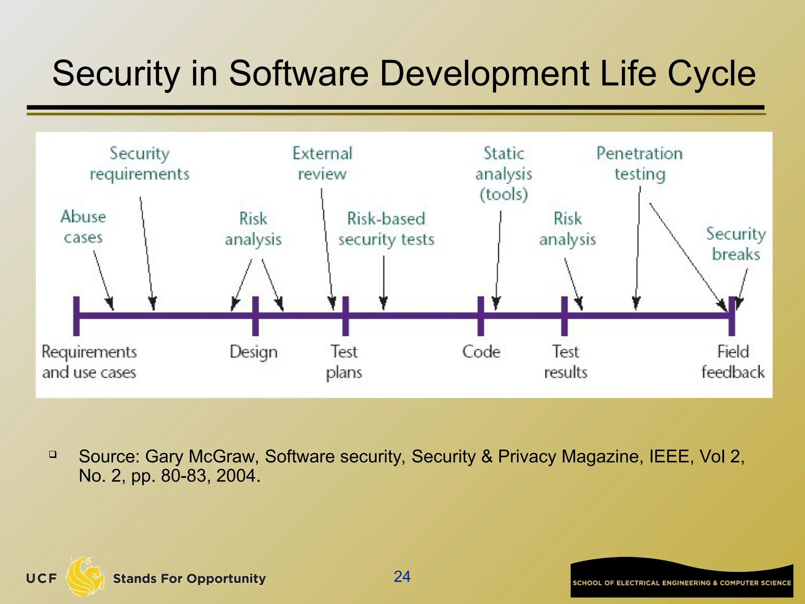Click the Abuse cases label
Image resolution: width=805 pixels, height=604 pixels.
click(83, 227)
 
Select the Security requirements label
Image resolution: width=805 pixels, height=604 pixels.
click(140, 164)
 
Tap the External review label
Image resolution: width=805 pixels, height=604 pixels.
click(322, 164)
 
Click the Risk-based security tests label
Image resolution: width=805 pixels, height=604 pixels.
click(386, 229)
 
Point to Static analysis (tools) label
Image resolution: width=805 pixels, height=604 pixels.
click(504, 173)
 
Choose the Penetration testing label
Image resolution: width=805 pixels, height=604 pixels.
click(640, 164)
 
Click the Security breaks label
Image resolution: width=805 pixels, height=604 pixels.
click(736, 244)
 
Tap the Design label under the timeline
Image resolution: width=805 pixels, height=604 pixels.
click(254, 352)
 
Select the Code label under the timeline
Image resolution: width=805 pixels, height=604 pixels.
click(481, 352)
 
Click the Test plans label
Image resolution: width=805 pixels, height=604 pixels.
click(344, 362)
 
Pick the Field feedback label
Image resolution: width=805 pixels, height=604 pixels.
click(733, 362)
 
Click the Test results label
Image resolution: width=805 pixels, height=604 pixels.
click(566, 362)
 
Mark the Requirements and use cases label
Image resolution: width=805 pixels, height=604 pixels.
click(89, 362)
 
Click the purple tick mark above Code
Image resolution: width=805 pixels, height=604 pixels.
click(480, 317)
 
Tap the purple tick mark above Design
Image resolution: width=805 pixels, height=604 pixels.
click(255, 317)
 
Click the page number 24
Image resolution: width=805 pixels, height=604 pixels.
click(402, 576)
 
